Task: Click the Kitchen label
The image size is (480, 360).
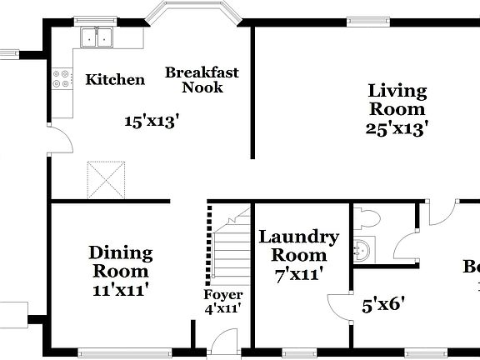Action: pyautogui.click(x=116, y=80)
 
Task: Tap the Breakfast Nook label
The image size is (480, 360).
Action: pyautogui.click(x=202, y=80)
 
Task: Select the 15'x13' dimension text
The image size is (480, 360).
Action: pyautogui.click(x=152, y=122)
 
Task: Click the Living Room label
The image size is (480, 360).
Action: pyautogui.click(x=397, y=100)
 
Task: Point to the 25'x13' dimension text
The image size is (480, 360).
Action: pyautogui.click(x=397, y=128)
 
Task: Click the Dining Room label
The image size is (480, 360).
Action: pyautogui.click(x=121, y=262)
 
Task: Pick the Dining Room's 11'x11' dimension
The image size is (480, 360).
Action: pyautogui.click(x=121, y=290)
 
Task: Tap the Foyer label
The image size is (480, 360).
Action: pyautogui.click(x=223, y=295)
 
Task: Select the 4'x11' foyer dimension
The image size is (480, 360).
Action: pyautogui.click(x=223, y=308)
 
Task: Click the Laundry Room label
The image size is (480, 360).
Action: pyautogui.click(x=298, y=246)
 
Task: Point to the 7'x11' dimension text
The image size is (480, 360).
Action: pyautogui.click(x=298, y=272)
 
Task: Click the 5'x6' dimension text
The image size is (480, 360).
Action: pyautogui.click(x=383, y=303)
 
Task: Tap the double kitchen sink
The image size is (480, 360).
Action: pyautogui.click(x=99, y=37)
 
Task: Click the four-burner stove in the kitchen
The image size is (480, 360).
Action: pyautogui.click(x=62, y=78)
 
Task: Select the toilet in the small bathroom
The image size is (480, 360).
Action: pyautogui.click(x=367, y=219)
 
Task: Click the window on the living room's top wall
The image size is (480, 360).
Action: pyautogui.click(x=371, y=22)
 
